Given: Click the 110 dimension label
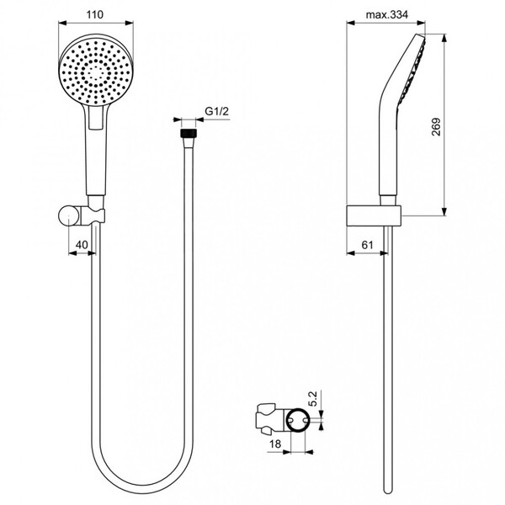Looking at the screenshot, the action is pyautogui.click(x=95, y=14).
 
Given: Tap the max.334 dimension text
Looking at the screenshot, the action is pyautogui.click(x=387, y=14).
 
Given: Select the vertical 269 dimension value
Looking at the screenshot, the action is pyautogui.click(x=436, y=127).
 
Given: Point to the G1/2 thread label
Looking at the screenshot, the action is pyautogui.click(x=217, y=111).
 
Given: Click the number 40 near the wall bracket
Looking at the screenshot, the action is pyautogui.click(x=82, y=245).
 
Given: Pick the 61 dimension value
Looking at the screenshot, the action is pyautogui.click(x=367, y=245).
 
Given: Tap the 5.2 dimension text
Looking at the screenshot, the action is pyautogui.click(x=313, y=399).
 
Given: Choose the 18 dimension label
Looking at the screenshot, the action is pyautogui.click(x=275, y=444).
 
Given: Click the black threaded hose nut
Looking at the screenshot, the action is pyautogui.click(x=189, y=133).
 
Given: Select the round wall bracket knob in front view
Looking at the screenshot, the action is pyautogui.click(x=67, y=215).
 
